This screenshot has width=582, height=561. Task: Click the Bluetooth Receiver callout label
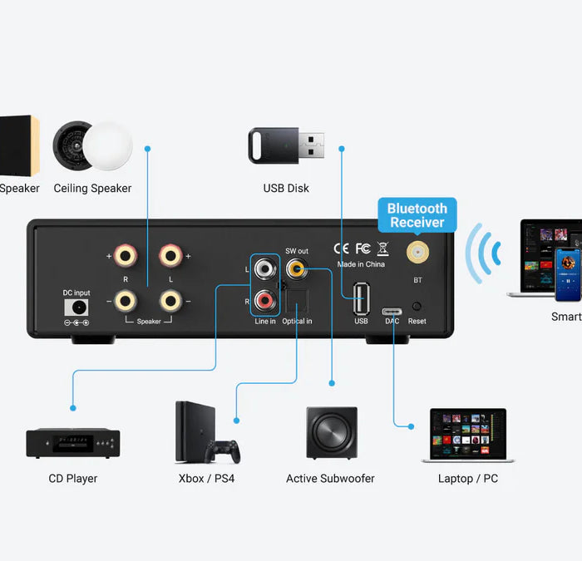point(417,214)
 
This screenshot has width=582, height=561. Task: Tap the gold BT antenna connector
point(417,252)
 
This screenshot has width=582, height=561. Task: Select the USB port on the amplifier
point(361,298)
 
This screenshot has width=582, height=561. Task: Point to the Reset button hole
point(417,307)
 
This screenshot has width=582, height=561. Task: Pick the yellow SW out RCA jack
point(296,268)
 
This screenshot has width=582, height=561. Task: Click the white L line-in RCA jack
point(265,269)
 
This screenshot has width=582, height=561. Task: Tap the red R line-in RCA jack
point(265,298)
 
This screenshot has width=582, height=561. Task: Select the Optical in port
point(297,300)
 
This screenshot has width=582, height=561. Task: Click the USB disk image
point(287,146)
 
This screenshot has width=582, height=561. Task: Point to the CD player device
point(73,443)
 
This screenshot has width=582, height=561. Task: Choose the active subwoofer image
point(331,433)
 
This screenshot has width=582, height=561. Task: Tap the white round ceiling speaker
point(107,146)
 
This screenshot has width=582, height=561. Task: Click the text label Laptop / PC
point(467,479)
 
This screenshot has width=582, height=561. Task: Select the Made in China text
point(360,264)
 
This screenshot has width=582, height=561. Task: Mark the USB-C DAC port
point(392,312)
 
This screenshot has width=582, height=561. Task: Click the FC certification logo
point(363,248)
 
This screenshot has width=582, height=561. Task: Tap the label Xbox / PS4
point(206,479)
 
